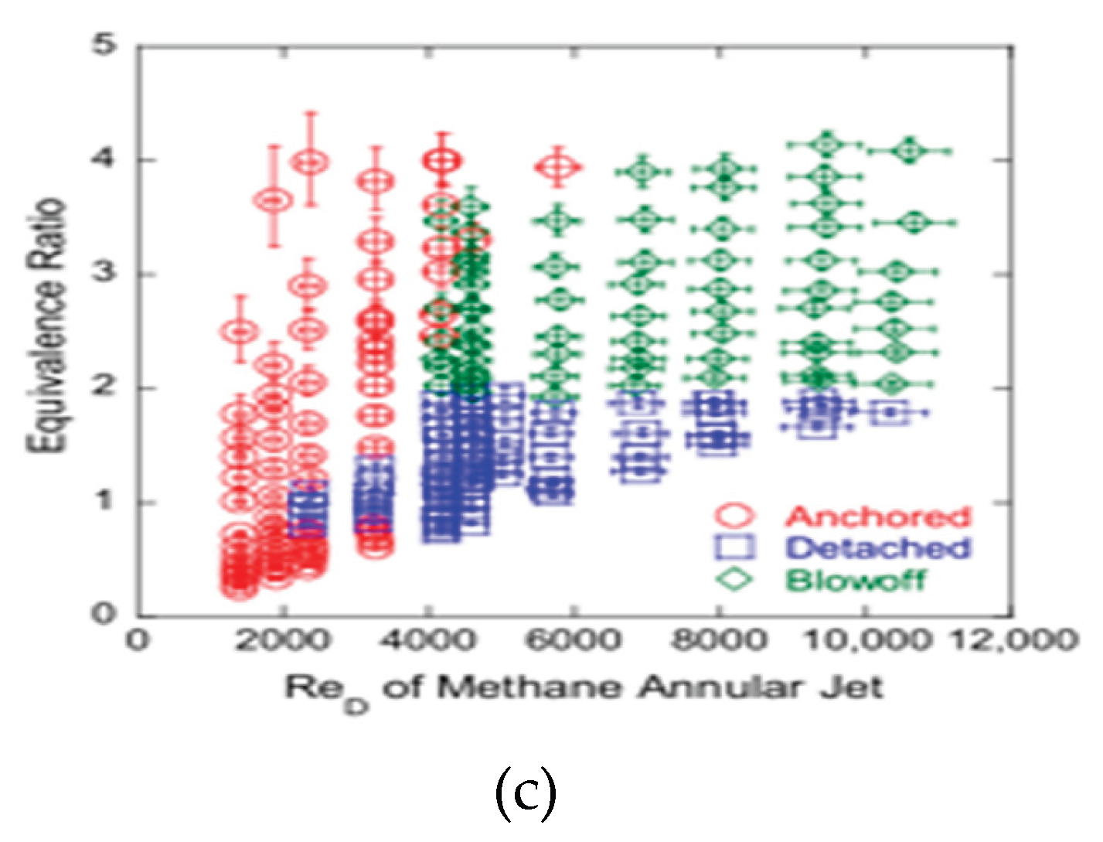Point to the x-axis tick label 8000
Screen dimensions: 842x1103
click(x=719, y=642)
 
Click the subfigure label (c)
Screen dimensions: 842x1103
click(x=525, y=795)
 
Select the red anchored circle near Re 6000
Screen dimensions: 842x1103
click(x=560, y=166)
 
